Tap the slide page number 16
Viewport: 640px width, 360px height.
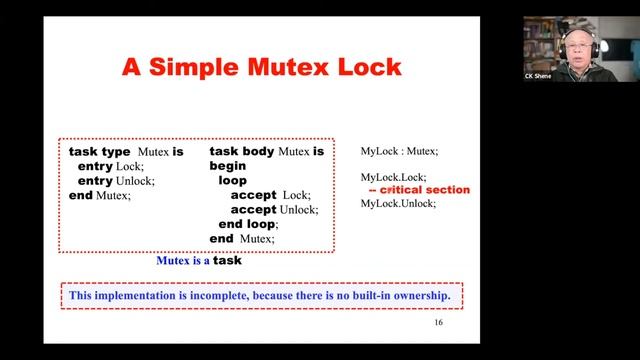[438, 323]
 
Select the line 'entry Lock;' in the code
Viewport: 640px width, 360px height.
[111, 166]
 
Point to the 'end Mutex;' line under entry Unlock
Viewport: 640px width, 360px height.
[100, 195]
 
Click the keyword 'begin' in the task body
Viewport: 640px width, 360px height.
[228, 166]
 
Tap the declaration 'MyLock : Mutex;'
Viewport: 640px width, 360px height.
[399, 151]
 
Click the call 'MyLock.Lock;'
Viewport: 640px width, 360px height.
[393, 177]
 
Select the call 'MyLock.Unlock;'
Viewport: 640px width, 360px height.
[398, 203]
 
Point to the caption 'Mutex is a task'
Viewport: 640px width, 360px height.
[198, 261]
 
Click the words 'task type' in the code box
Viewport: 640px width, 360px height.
[99, 151]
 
